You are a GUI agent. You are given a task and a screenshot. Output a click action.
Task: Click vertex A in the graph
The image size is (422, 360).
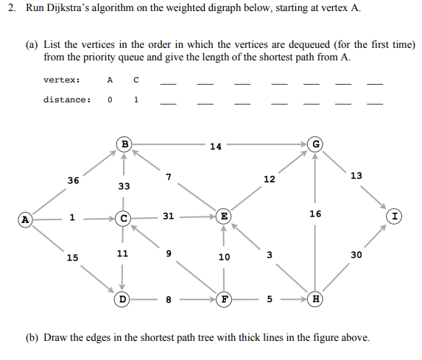tap(26, 219)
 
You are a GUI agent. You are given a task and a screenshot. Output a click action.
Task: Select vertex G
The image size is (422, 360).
tap(316, 144)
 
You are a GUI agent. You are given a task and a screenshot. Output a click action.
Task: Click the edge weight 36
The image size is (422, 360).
tap(73, 180)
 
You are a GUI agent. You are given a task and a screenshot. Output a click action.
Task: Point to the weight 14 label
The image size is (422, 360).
tap(215, 147)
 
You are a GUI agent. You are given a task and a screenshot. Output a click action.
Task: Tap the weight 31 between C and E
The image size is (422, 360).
tap(169, 216)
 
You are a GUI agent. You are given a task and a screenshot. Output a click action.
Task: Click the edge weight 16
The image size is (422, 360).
tap(316, 213)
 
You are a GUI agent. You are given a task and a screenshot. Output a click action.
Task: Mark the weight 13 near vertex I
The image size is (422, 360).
tap(356, 175)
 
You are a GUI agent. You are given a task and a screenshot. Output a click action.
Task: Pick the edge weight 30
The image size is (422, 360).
tap(356, 255)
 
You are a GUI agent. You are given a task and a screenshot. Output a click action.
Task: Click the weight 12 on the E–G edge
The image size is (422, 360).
tap(270, 180)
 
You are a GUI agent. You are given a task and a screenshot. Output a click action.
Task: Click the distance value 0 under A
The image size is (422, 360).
tap(110, 99)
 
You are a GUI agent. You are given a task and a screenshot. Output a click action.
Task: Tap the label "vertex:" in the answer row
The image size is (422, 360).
tap(62, 80)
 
